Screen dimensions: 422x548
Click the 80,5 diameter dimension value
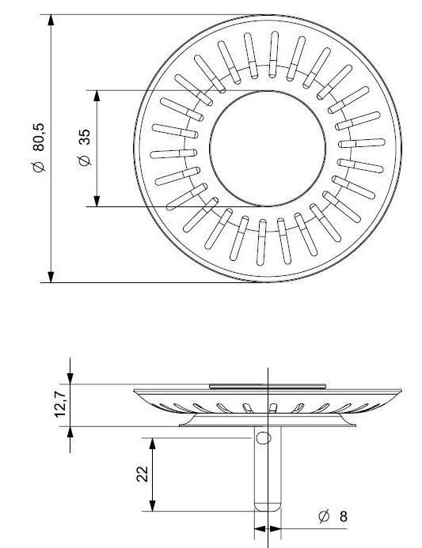pos(39,137)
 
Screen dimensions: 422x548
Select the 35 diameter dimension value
pos(85,137)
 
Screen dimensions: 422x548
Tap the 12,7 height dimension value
pos(60,404)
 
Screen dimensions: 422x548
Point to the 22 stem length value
pos(143,474)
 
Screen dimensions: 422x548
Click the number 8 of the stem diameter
pos(344,516)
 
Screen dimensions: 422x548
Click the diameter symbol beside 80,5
pos(39,167)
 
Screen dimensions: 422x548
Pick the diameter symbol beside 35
pos(85,160)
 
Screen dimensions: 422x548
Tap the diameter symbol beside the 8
pos(324,516)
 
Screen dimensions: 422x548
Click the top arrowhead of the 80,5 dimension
pos(51,20)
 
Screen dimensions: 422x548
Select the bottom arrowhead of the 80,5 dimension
pos(51,277)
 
